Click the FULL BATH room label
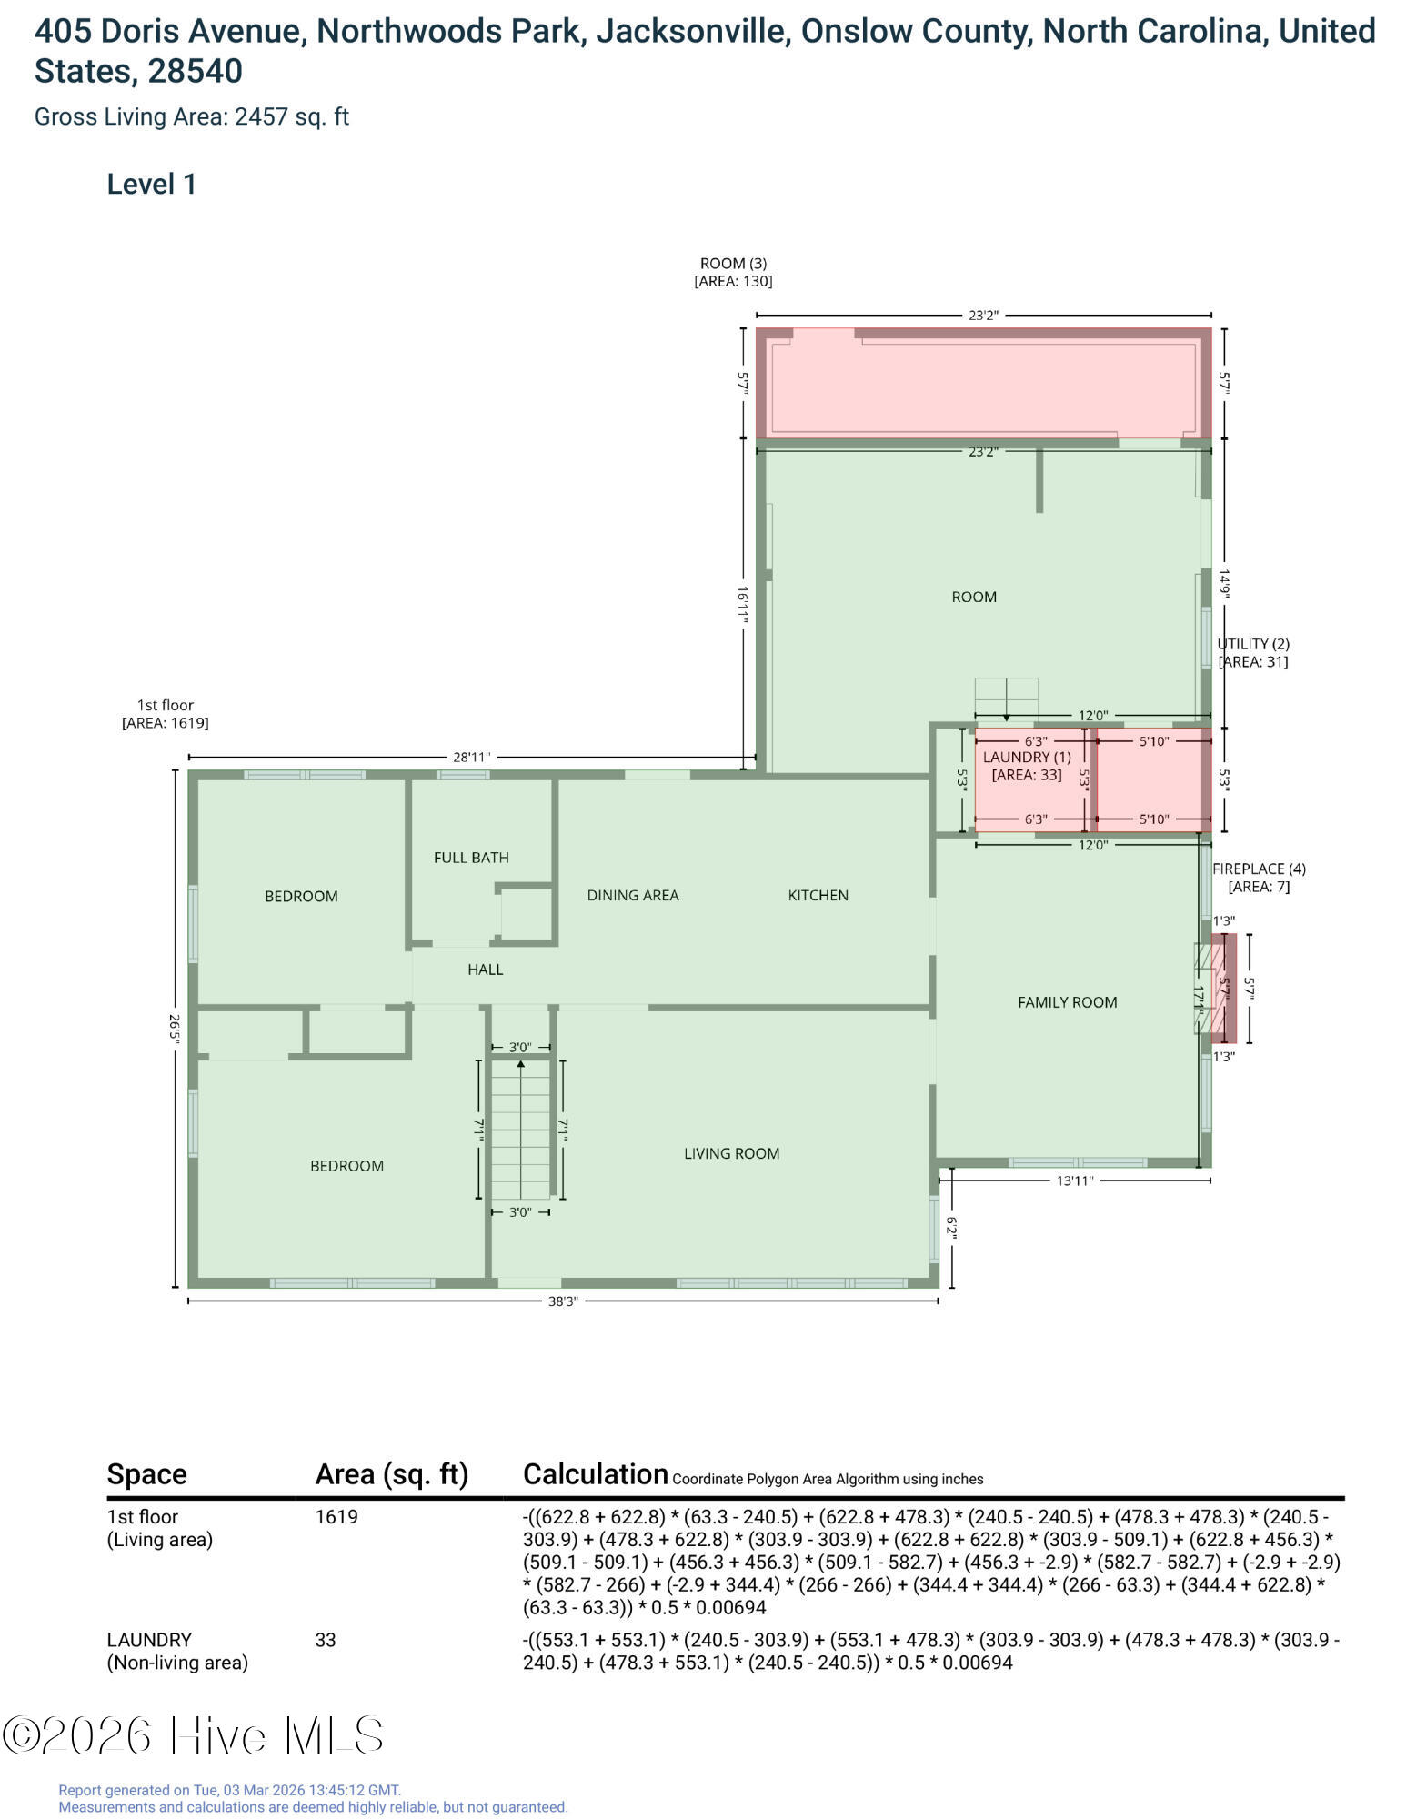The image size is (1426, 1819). pos(471,858)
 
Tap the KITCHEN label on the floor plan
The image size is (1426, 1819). pos(818,896)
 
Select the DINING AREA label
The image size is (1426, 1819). pos(633,896)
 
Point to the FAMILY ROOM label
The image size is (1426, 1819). pos(1068,1002)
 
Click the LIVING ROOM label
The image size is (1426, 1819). pos(732,1153)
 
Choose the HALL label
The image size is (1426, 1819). pos(486,970)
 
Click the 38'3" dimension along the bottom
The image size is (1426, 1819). pos(563,1301)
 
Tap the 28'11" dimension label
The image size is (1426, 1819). pos(472,757)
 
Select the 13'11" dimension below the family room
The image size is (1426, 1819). pos(1075,1181)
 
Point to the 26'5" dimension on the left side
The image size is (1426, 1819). pos(175,1029)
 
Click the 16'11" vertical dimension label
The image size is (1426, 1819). pos(743,604)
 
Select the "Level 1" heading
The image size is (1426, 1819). pos(152,185)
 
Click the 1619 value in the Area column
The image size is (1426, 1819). pos(336,1517)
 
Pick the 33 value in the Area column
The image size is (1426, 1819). pos(326,1640)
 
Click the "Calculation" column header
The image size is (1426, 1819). pos(596,1474)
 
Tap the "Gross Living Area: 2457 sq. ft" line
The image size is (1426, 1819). pos(192,117)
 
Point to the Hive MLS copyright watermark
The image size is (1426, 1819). pos(193,1735)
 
